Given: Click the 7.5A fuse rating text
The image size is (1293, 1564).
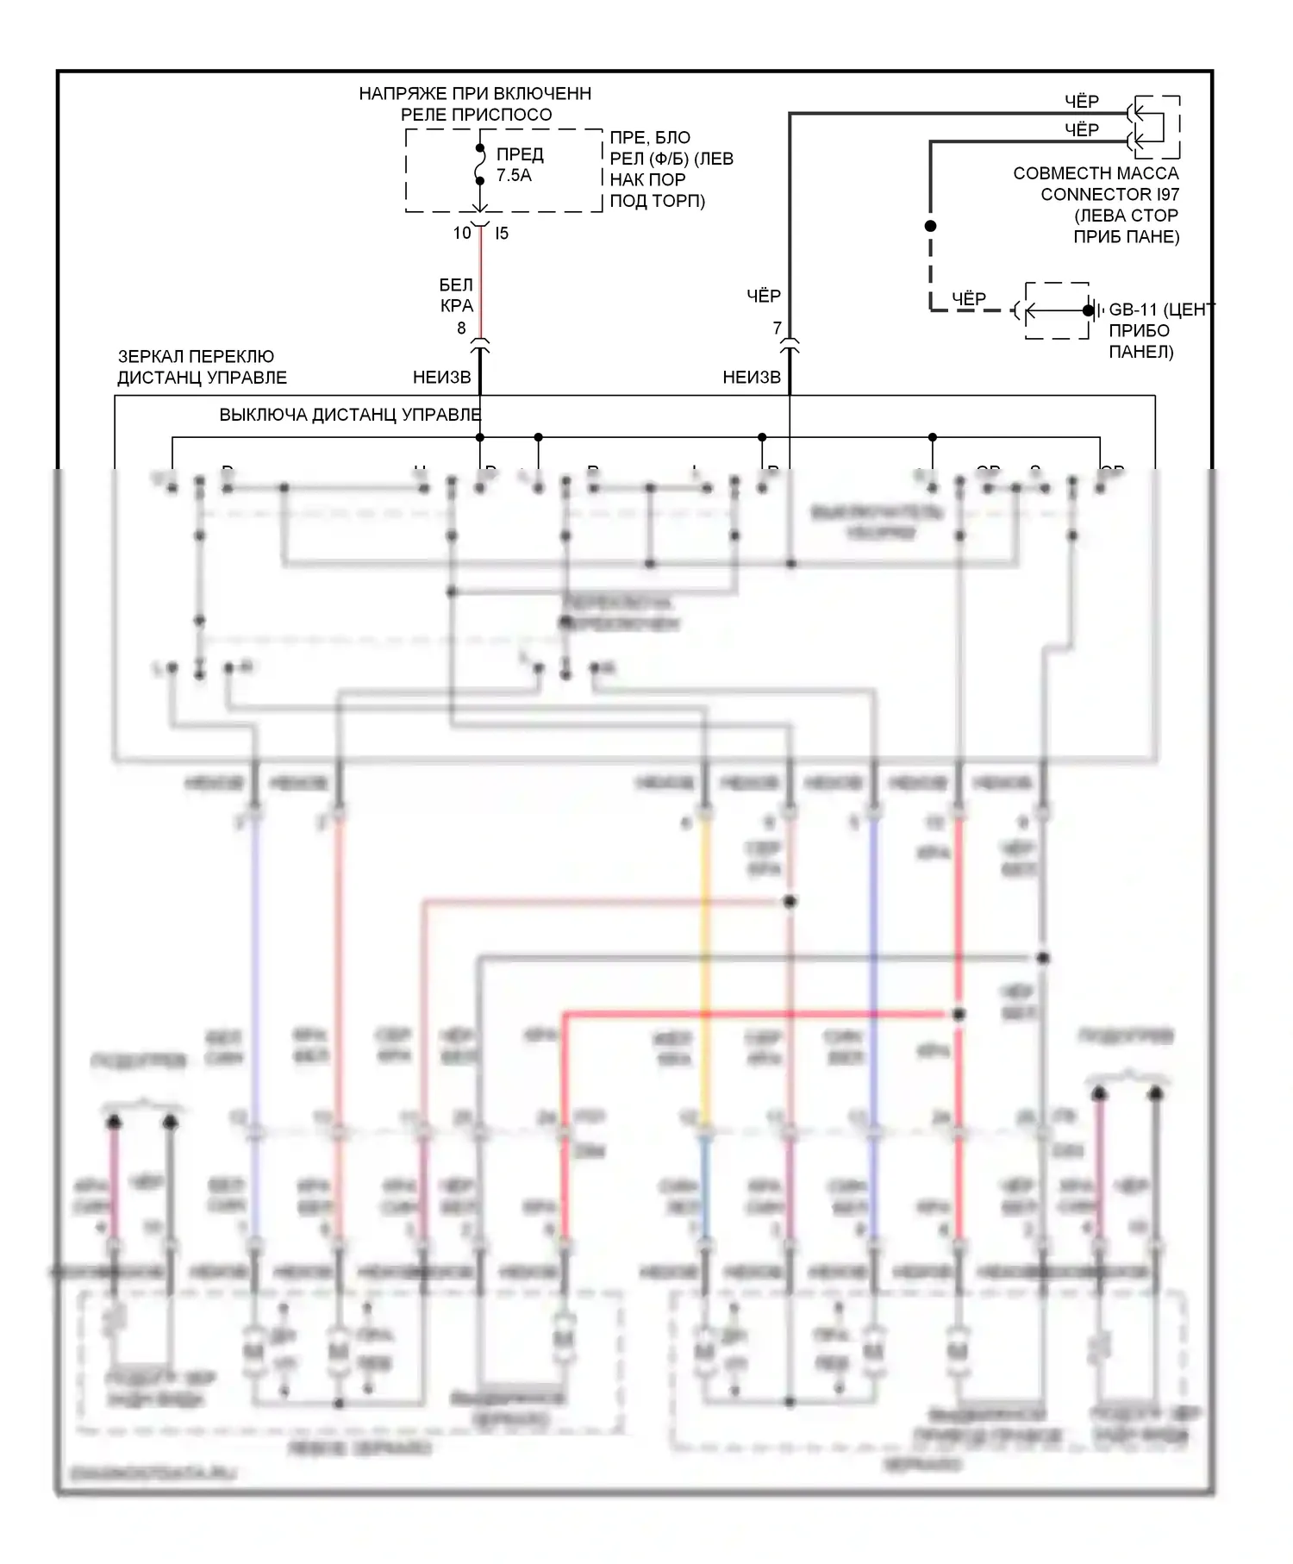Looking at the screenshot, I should coord(514,176).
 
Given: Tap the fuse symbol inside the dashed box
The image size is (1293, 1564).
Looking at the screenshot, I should coord(480,165).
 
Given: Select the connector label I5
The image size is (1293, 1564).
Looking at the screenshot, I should coord(502,233).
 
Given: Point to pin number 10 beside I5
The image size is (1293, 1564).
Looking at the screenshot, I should coord(462,233).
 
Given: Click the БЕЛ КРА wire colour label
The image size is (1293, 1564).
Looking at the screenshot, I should coord(456,295).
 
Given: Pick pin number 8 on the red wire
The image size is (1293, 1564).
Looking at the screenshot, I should coord(461,328).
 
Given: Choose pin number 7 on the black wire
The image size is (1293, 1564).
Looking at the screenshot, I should coord(777,328).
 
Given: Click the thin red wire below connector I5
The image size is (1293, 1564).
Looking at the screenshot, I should coord(480,285).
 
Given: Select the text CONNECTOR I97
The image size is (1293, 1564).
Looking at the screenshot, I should coord(1109,195).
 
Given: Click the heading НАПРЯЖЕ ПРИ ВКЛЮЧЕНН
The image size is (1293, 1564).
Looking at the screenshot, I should coord(475,93).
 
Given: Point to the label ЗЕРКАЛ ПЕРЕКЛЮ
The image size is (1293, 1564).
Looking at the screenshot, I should coord(197,356).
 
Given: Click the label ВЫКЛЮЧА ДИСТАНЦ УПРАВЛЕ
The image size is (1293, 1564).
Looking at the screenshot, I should coord(350,415).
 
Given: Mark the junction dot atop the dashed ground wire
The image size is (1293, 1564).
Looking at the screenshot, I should coord(930,226).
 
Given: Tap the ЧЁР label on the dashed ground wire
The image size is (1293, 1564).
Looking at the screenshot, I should coord(969,298).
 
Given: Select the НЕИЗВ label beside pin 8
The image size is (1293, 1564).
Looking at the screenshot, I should coord(442,377).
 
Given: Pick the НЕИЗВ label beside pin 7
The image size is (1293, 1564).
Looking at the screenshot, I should coord(752,377).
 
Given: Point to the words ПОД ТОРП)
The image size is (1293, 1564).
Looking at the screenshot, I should coord(658,202).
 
